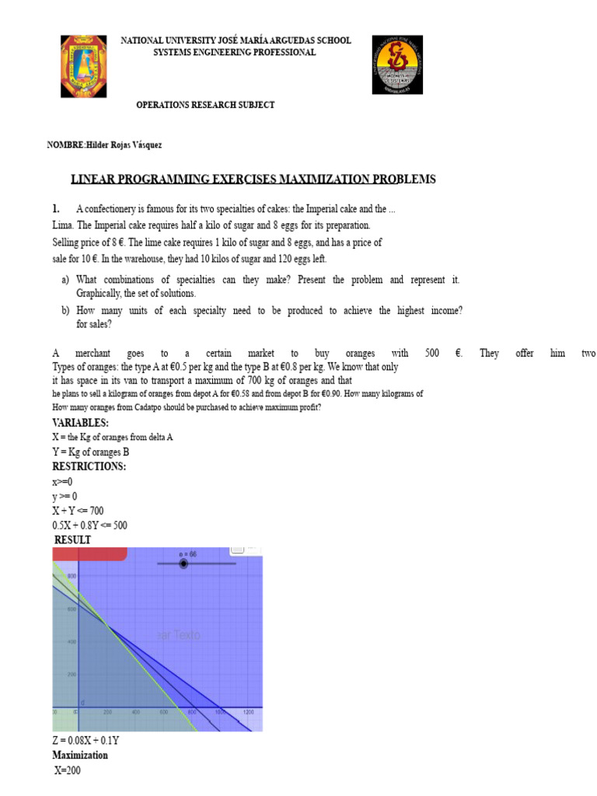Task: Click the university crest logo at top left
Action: (83, 65)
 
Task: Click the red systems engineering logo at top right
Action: (397, 65)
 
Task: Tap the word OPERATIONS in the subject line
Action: (163, 105)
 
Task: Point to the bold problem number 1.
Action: (56, 209)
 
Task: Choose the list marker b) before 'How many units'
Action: (65, 311)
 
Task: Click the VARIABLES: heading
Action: (81, 423)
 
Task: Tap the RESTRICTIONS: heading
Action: (89, 466)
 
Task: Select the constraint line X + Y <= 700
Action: (78, 511)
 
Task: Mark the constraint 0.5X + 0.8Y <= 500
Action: (90, 525)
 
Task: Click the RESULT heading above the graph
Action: (72, 539)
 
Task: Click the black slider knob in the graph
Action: (183, 564)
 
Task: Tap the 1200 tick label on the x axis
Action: (249, 713)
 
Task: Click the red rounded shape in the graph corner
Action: (89, 553)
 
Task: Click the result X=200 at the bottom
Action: (68, 771)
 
